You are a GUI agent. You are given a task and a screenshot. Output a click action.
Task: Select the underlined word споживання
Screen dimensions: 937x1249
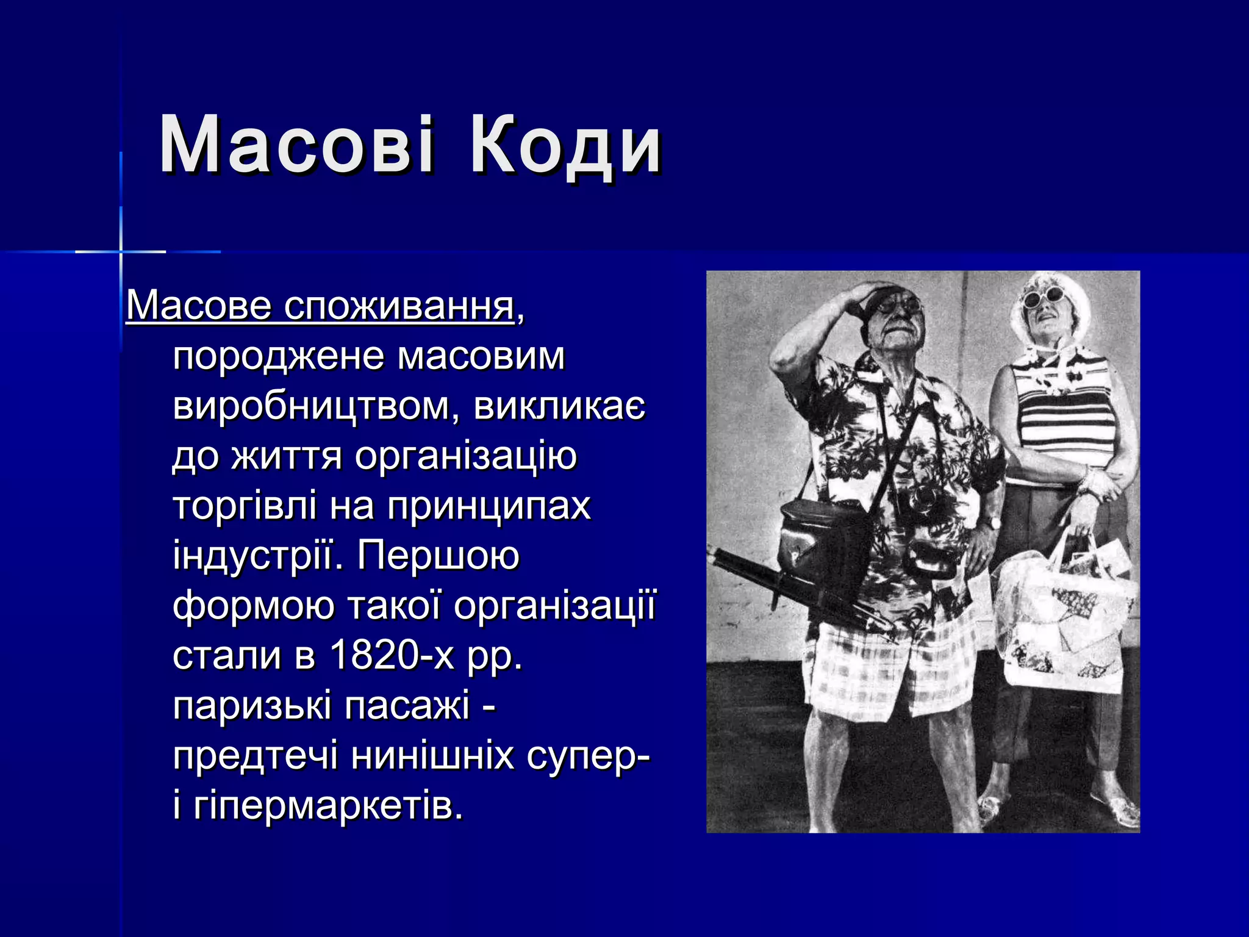(399, 306)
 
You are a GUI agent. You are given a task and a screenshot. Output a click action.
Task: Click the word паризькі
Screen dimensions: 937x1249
(252, 706)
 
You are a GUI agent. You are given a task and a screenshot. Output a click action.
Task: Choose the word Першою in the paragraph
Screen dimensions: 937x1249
(438, 556)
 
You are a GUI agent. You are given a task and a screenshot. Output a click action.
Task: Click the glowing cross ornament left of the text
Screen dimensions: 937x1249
(121, 251)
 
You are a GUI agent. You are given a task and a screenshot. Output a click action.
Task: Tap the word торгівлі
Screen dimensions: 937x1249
(245, 506)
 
